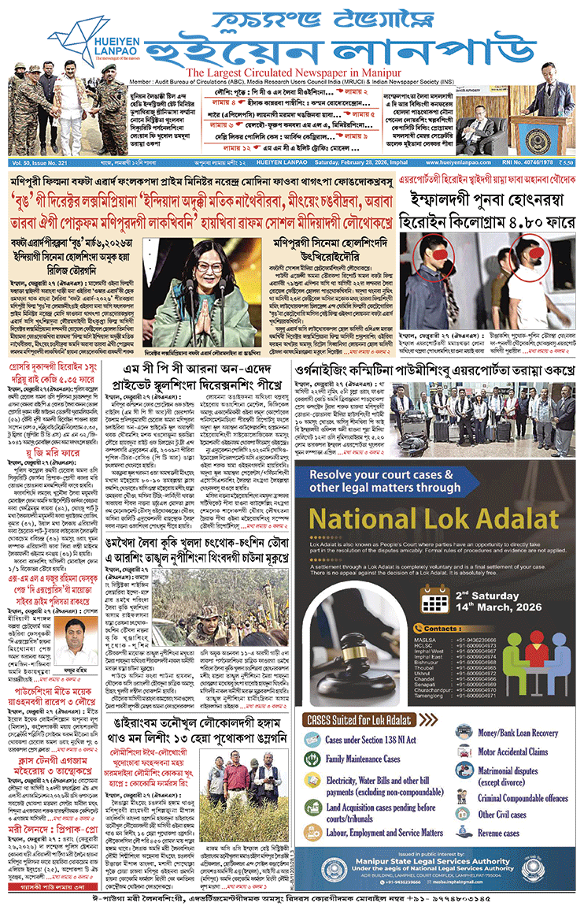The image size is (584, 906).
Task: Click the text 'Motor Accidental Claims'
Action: click(x=512, y=752)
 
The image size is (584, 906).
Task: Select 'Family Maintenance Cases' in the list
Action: click(x=368, y=759)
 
